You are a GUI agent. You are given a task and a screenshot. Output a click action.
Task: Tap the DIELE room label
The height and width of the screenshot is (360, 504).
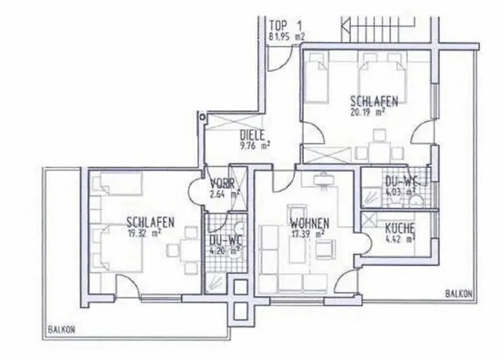(x=253, y=134)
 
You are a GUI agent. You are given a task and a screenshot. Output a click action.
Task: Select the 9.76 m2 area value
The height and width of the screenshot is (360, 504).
(x=256, y=145)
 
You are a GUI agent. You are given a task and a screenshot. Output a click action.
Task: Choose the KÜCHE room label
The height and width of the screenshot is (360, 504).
(x=398, y=228)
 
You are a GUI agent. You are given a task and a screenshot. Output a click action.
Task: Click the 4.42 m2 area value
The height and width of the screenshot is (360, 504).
(x=401, y=240)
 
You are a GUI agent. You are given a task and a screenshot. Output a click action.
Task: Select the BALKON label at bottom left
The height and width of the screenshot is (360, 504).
(x=61, y=329)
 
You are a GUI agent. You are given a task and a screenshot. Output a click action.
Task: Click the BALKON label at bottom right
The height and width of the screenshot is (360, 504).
(x=459, y=294)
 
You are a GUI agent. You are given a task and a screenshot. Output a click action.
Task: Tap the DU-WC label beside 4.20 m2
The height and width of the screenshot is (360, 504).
(x=221, y=241)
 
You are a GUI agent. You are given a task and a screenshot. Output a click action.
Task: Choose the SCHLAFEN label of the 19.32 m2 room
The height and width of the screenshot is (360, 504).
(x=149, y=222)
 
